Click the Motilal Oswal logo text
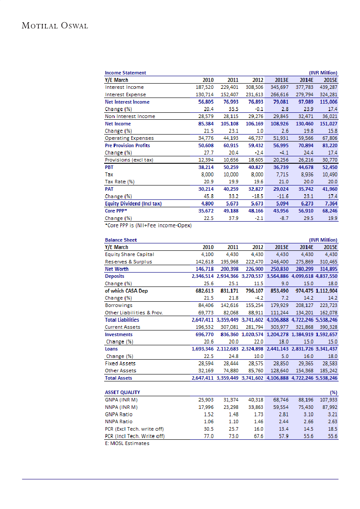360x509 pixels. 55,26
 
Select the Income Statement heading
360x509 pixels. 126,73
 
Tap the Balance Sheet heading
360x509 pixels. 121,240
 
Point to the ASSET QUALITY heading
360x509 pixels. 122,392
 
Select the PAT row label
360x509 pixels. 109,189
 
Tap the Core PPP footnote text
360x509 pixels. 148,225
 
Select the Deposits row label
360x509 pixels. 115,276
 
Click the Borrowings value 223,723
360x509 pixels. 328,305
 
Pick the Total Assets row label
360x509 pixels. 119,378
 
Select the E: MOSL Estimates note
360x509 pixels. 127,443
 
